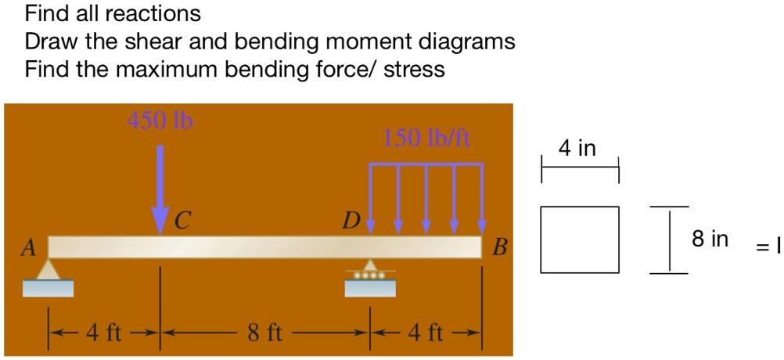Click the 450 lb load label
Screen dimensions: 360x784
(160, 121)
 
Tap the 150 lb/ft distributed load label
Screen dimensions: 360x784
(427, 139)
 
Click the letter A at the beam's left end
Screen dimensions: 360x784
(29, 248)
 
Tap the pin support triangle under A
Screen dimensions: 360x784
(49, 270)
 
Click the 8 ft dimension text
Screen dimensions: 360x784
(264, 333)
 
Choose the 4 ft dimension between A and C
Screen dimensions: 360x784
(103, 333)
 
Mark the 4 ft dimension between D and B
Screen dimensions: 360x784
(426, 333)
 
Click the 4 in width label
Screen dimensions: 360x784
(578, 148)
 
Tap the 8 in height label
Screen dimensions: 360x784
(710, 239)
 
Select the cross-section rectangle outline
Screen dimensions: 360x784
(579, 239)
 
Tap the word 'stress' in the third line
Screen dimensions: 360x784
(414, 70)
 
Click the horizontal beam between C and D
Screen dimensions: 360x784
(264, 247)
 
